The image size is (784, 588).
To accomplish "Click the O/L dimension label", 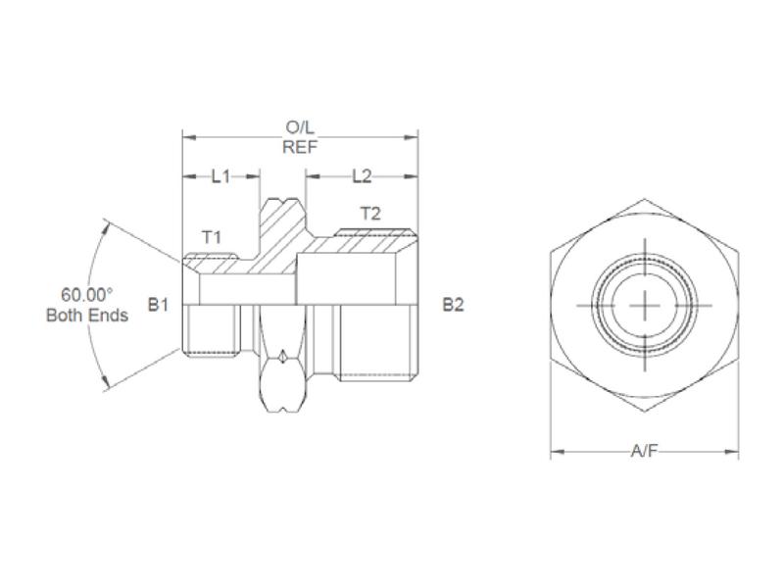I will click(x=300, y=128).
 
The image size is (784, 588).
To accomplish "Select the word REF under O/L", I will click(x=300, y=147).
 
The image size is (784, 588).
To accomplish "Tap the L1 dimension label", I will click(x=220, y=176).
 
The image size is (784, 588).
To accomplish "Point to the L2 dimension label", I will click(x=362, y=176).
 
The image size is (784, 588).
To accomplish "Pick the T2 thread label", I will click(x=370, y=213).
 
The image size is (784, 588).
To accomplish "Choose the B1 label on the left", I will click(x=159, y=305).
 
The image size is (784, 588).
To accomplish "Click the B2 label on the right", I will click(x=452, y=305).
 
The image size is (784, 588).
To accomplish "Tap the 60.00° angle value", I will click(x=87, y=295).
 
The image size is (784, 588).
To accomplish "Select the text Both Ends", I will click(x=87, y=316).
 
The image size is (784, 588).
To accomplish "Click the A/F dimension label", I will click(x=644, y=452).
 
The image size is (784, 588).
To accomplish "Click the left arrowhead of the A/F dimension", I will click(x=556, y=452).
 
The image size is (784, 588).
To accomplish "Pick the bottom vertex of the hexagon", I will click(x=644, y=414).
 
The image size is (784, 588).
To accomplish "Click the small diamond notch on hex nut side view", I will click(x=282, y=359).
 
